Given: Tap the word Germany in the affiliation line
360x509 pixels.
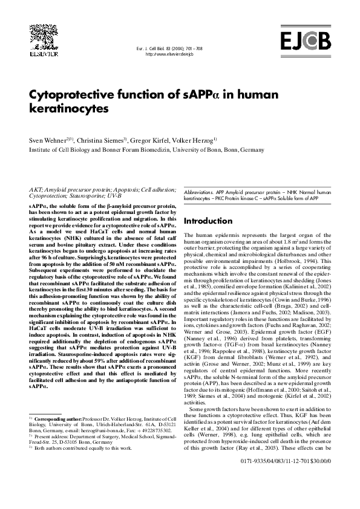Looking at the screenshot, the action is coord(252,148).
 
